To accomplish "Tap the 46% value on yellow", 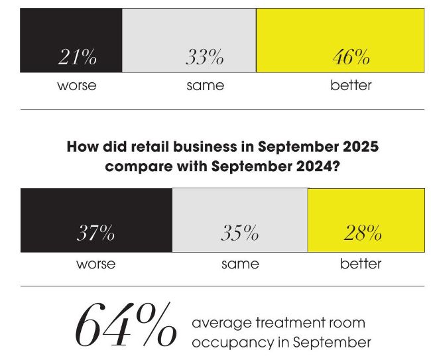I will point(351,58).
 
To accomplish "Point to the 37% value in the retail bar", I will point(95,233).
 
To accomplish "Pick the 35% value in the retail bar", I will point(239,233).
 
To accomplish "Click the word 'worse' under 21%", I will point(76,86).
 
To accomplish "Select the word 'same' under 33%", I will point(205,86).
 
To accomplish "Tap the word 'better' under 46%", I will point(351,86).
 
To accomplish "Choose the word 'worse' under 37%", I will point(95,264).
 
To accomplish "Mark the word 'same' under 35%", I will point(240,264).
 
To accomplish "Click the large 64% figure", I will point(126,326).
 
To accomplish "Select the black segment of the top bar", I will point(72,30).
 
